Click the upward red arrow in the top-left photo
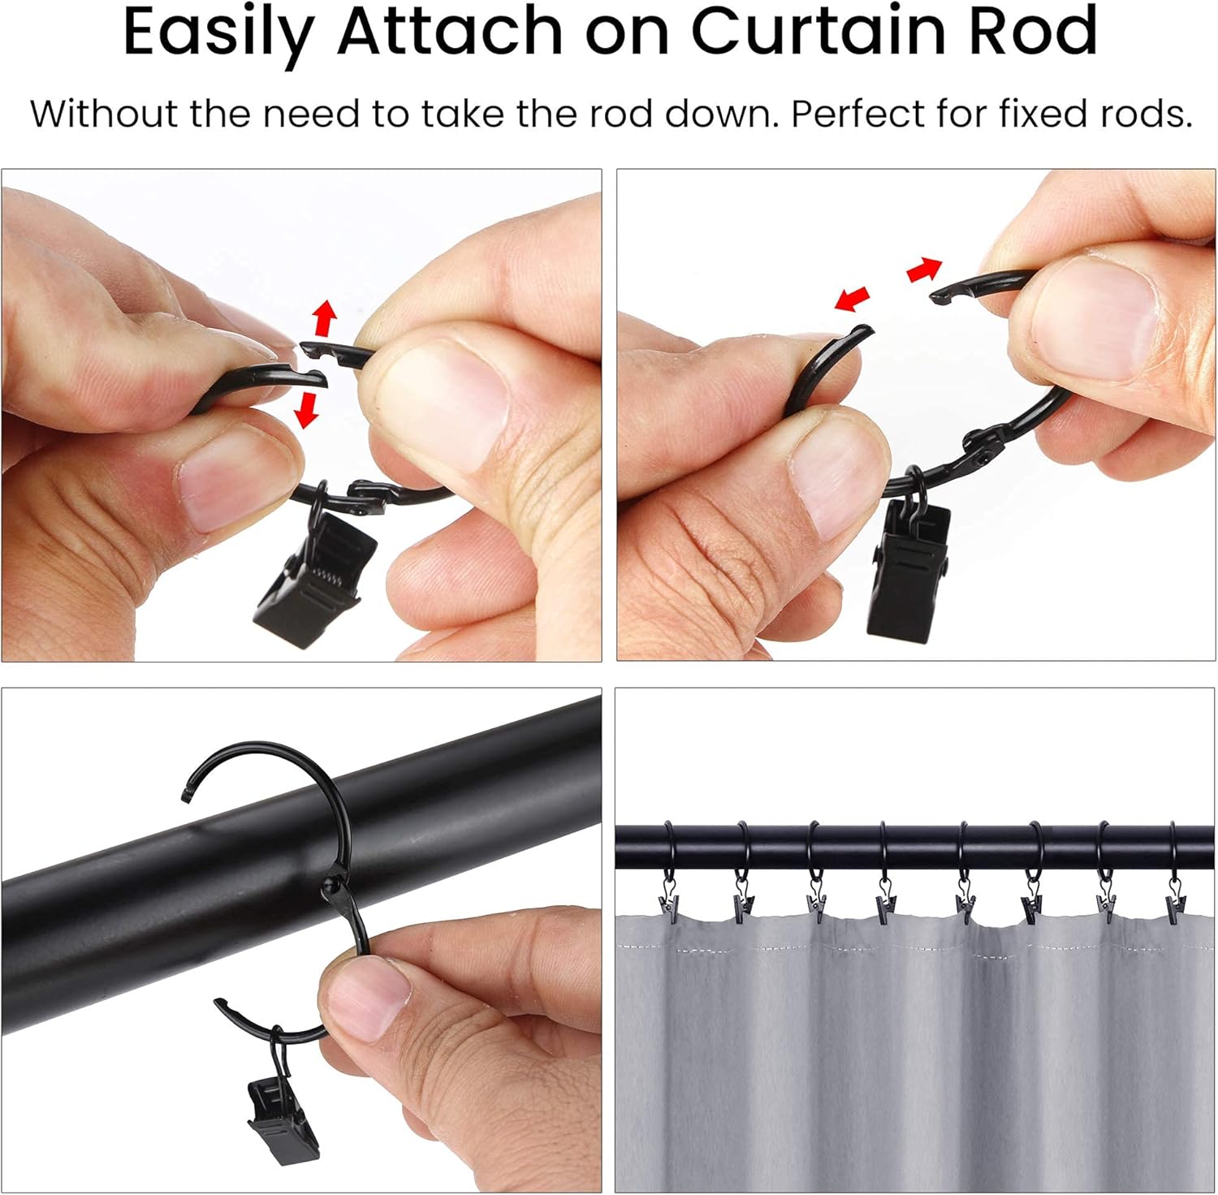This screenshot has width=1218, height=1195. [x=325, y=317]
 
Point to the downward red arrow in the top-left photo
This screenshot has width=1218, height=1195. [x=305, y=409]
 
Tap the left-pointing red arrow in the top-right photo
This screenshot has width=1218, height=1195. [x=852, y=299]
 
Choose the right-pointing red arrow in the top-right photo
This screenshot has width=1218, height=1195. [x=924, y=270]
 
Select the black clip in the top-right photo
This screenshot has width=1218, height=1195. [x=907, y=569]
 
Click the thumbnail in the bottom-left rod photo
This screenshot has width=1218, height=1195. [x=369, y=999]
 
